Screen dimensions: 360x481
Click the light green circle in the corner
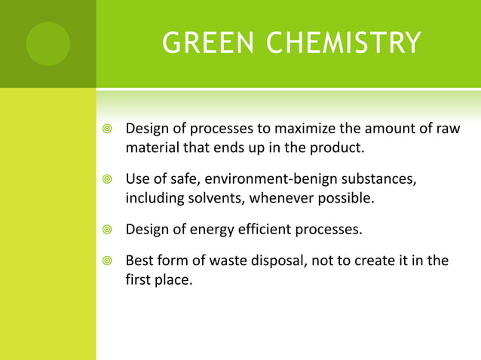click(x=47, y=44)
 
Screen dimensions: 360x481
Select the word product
click(x=340, y=148)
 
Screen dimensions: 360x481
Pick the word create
click(x=380, y=261)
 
